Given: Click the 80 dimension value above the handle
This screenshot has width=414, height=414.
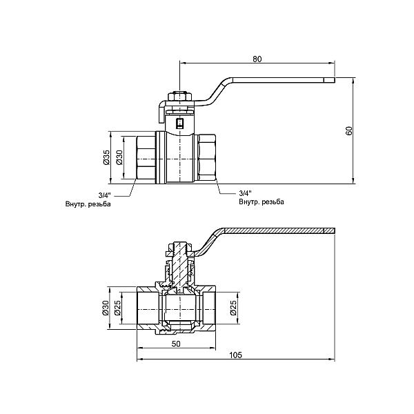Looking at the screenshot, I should (x=257, y=59).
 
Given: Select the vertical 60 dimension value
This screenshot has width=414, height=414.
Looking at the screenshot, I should (x=349, y=131).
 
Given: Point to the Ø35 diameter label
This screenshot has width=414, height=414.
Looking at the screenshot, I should (x=107, y=157).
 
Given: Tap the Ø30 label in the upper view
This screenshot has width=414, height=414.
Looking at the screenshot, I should (x=119, y=157).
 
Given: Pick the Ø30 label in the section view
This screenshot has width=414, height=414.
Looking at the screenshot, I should (x=107, y=308).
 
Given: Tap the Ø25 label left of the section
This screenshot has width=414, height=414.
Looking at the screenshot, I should (x=118, y=308).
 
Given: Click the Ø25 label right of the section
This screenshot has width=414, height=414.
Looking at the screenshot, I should (x=233, y=308).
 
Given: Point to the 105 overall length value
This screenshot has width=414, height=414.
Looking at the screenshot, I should (x=235, y=355).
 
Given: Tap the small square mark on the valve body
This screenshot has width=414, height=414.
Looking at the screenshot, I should (x=180, y=124).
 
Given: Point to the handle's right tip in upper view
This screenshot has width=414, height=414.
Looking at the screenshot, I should (x=331, y=81).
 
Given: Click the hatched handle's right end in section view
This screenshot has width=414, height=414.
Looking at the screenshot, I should (x=330, y=230).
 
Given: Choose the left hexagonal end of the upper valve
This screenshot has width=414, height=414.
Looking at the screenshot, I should (x=146, y=157).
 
